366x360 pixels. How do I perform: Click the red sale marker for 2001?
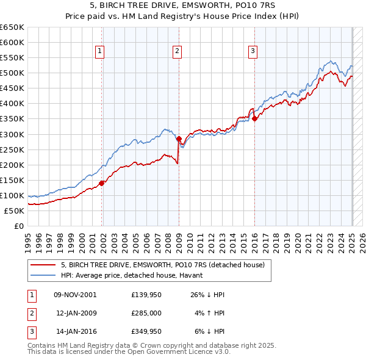(102, 182)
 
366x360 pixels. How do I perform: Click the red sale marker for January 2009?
(179, 139)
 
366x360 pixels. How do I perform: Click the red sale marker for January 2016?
(254, 119)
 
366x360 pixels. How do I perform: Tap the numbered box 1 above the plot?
(99, 52)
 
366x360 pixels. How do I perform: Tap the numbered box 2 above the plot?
(176, 52)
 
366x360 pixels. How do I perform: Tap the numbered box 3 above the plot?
(252, 52)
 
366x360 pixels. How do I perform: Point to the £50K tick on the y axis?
(14, 211)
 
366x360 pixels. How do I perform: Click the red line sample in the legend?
(43, 265)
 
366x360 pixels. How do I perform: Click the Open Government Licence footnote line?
(129, 352)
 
